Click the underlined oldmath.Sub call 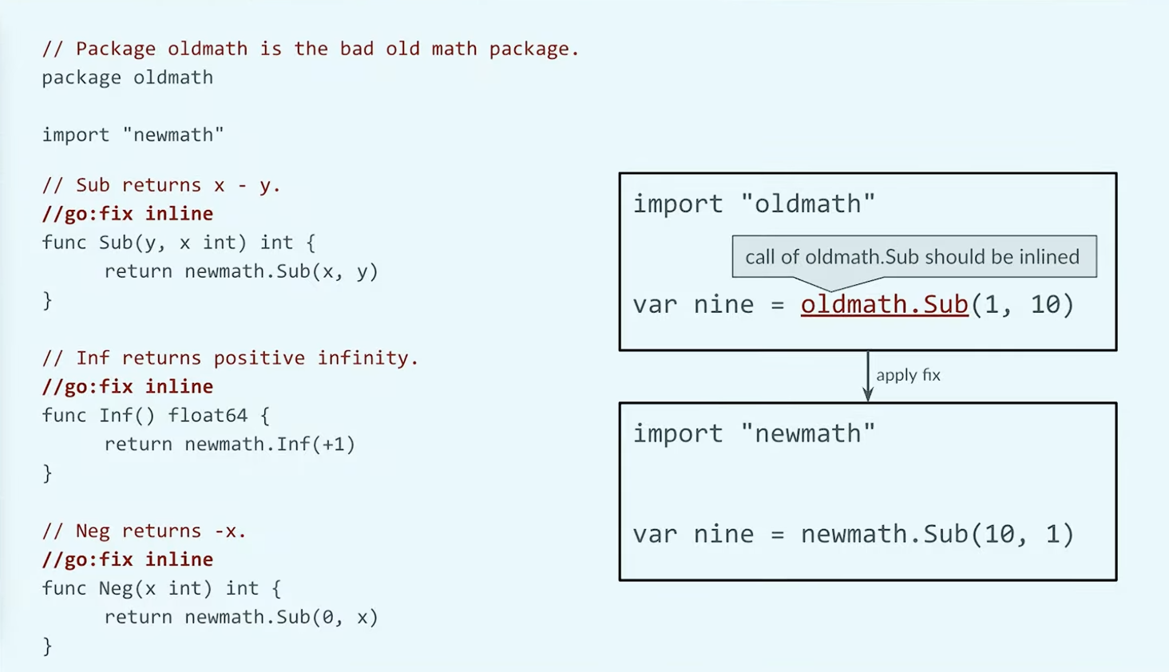coord(885,305)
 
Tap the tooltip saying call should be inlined coord(914,257)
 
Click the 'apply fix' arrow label coord(908,375)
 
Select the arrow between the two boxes coord(868,376)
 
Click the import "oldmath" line coord(754,204)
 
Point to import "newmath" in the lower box coord(754,433)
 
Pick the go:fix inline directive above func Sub coord(128,214)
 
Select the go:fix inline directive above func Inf coord(128,386)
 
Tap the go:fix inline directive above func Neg coord(128,559)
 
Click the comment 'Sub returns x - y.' coord(162,185)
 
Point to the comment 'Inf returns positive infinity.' coord(230,358)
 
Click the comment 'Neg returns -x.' coord(144,531)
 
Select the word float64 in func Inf coord(207,415)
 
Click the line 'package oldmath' coord(127,77)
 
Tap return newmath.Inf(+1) coord(230,444)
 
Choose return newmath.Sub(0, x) coord(241,617)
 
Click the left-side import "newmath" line coord(133,135)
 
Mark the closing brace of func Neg coord(47,646)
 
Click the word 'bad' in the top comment coord(357,49)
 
